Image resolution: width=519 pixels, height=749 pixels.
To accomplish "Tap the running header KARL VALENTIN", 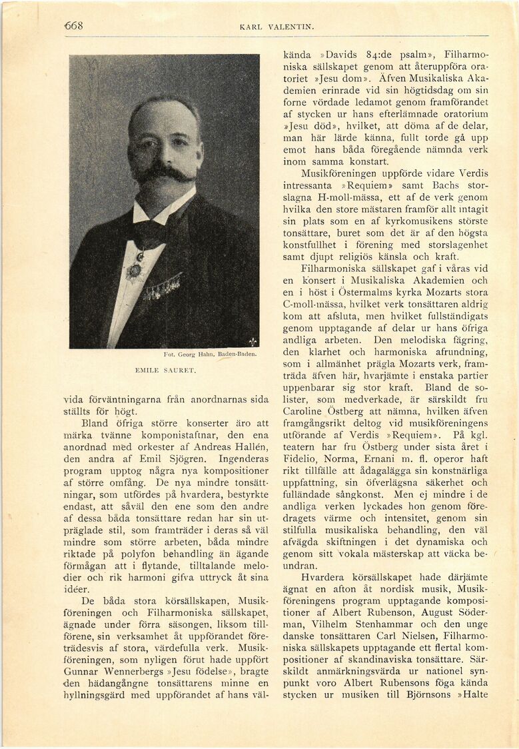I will pos(276,27).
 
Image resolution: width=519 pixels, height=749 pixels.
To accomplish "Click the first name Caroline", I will pos(306,412).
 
